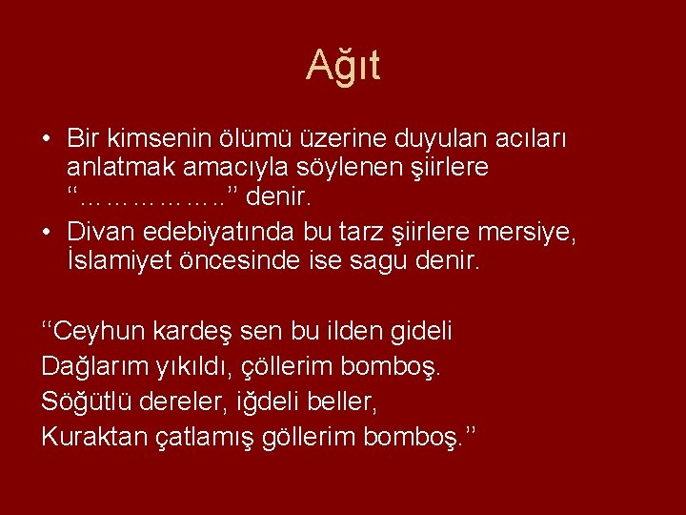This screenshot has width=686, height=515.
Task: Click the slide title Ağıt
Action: (343, 66)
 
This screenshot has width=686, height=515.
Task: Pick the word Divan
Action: (101, 230)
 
